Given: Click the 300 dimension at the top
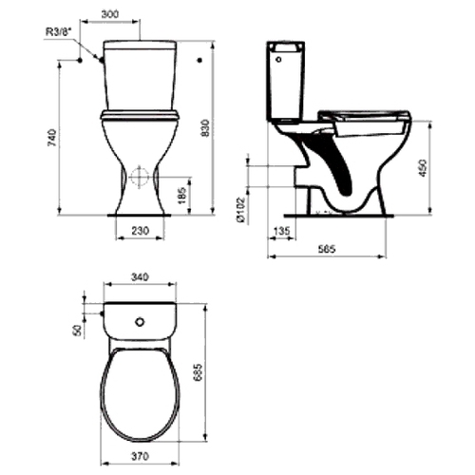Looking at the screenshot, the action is (x=110, y=14).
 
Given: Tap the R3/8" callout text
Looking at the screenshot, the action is (x=59, y=32).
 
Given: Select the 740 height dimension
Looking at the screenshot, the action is (x=52, y=138).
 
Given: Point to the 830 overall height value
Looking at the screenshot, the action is (x=205, y=128).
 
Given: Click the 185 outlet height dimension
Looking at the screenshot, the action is (x=182, y=196).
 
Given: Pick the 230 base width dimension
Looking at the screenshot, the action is (x=140, y=231).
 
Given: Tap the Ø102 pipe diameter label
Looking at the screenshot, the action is (x=241, y=210).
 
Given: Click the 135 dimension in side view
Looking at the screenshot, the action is (x=281, y=231).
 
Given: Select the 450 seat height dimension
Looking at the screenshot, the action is (x=423, y=168).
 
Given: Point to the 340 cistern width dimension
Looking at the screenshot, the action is (x=140, y=276).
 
